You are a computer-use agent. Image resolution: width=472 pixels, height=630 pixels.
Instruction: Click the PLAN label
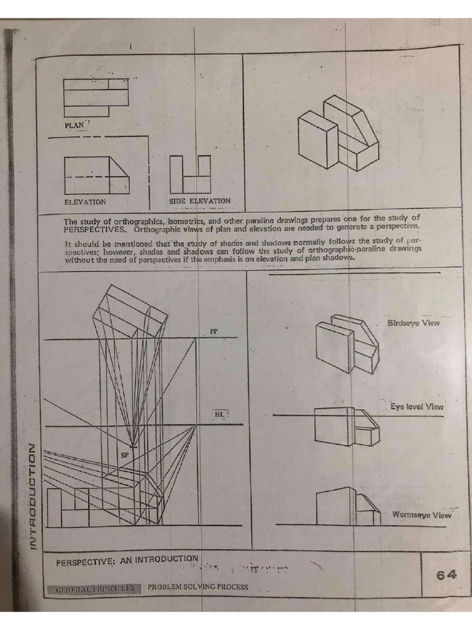[x=74, y=126]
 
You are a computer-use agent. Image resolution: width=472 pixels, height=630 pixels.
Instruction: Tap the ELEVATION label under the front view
[x=85, y=202]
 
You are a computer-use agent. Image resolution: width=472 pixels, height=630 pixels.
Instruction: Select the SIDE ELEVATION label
[x=200, y=201]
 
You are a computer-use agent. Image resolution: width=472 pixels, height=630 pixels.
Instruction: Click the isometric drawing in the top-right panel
[x=338, y=132]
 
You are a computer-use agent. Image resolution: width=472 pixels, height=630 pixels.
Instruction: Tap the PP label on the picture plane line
[x=214, y=331]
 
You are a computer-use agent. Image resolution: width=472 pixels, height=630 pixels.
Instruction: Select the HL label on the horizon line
[x=219, y=415]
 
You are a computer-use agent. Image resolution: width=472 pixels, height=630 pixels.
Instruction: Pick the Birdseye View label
[x=413, y=323]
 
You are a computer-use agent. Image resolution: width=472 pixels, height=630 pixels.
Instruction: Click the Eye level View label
[x=417, y=407]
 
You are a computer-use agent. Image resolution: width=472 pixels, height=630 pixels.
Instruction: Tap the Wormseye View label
[x=421, y=515]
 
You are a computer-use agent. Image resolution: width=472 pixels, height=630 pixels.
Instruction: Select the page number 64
[x=446, y=575]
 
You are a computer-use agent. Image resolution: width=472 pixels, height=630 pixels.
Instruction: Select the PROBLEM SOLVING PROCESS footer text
[x=198, y=587]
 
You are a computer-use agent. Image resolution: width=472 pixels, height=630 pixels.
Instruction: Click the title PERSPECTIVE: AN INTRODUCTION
[x=127, y=561]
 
